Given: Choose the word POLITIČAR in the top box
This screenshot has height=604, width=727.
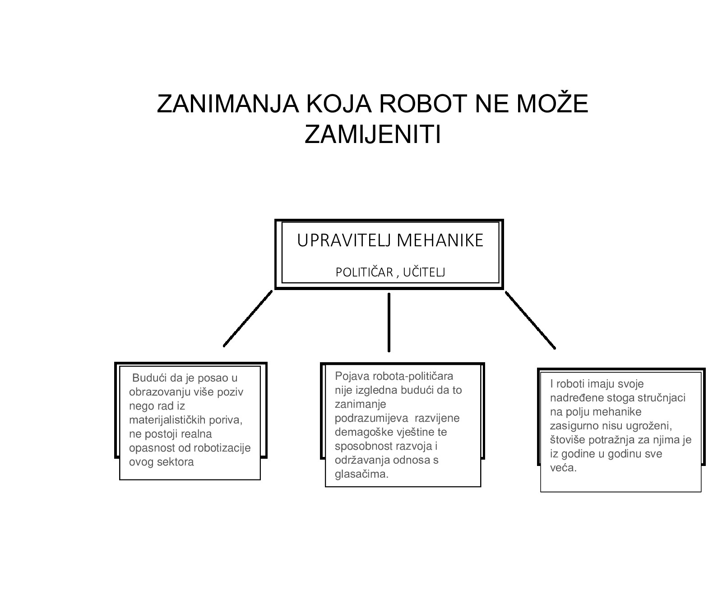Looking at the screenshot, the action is (364, 272).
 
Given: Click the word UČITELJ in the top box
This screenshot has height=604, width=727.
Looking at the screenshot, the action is (424, 272).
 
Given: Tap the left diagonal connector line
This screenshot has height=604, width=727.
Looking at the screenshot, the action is (248, 319).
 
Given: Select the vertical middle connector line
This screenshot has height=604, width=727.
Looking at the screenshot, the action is (389, 322).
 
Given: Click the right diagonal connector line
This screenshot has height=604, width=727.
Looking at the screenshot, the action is (530, 320).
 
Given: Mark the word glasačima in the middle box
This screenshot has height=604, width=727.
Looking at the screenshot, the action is (361, 475).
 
